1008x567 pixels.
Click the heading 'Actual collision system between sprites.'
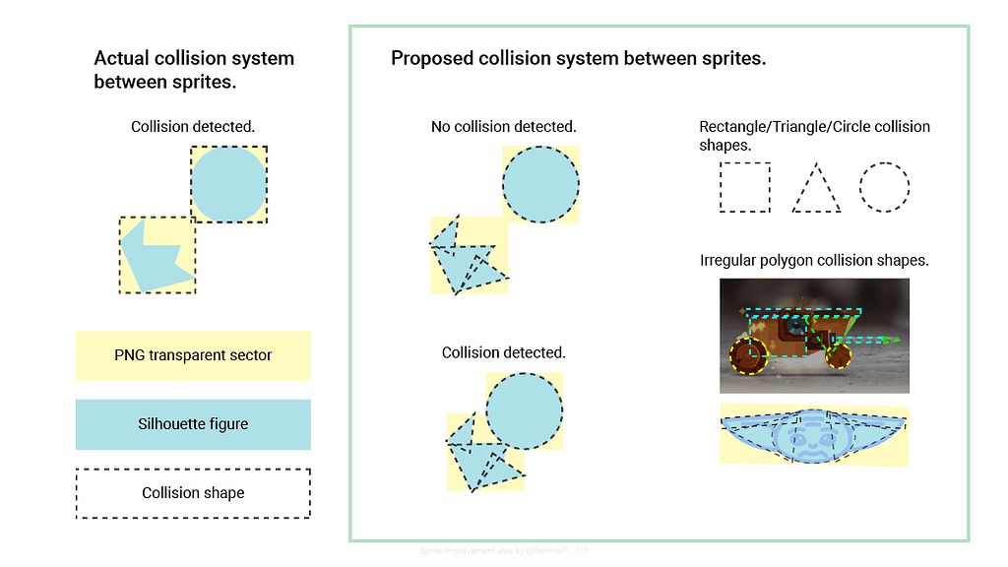(193, 70)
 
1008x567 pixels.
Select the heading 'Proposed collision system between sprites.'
(578, 58)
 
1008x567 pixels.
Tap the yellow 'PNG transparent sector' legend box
(193, 355)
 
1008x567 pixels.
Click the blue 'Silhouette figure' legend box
(193, 424)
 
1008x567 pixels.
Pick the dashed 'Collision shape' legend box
(193, 493)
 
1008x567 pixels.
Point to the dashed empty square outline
(744, 187)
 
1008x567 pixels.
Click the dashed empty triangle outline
(816, 189)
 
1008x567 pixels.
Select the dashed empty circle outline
(884, 187)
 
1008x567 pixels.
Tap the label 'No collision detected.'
(503, 127)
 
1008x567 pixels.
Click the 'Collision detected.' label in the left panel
(193, 127)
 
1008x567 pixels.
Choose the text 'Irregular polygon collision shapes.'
(814, 261)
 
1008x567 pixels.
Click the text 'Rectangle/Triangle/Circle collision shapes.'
(814, 136)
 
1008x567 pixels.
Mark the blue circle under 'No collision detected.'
(540, 184)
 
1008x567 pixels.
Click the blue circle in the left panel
(228, 184)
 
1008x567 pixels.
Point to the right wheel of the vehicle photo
(838, 355)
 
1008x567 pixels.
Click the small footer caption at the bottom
(503, 551)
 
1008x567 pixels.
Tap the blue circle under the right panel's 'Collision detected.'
(524, 411)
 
